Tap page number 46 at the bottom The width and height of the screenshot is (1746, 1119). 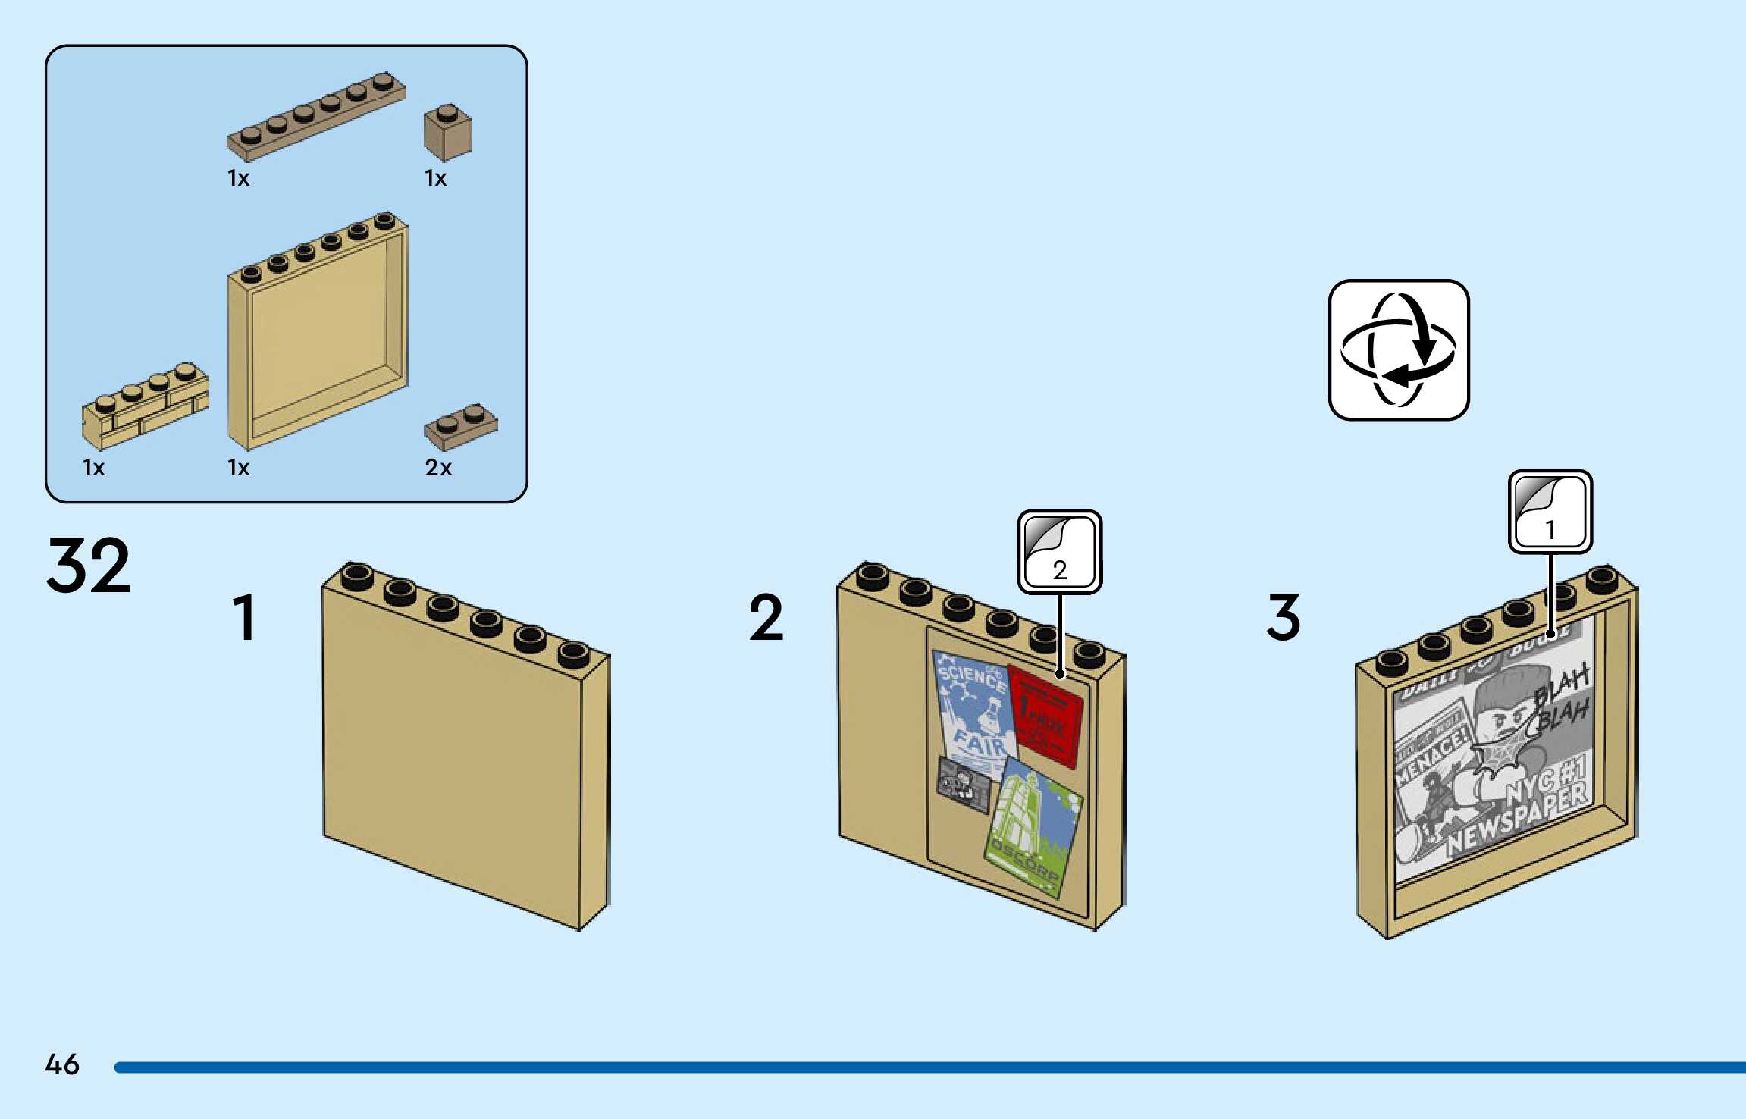[x=62, y=1064]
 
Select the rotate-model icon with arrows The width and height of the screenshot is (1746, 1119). [x=1399, y=349]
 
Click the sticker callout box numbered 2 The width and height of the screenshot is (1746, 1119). [x=1059, y=551]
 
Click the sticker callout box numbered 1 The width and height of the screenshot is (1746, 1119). [x=1550, y=512]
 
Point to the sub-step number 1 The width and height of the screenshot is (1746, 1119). [x=244, y=618]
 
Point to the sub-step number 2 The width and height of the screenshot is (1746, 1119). [x=766, y=618]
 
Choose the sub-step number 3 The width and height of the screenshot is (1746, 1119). [x=1284, y=618]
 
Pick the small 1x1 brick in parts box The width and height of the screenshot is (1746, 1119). [x=447, y=133]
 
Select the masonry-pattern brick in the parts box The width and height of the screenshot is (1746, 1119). [x=144, y=406]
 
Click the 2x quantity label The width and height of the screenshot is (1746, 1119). [x=438, y=468]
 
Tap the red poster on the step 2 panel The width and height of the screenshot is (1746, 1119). [x=1045, y=716]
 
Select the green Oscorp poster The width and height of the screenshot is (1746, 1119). [x=1033, y=830]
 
